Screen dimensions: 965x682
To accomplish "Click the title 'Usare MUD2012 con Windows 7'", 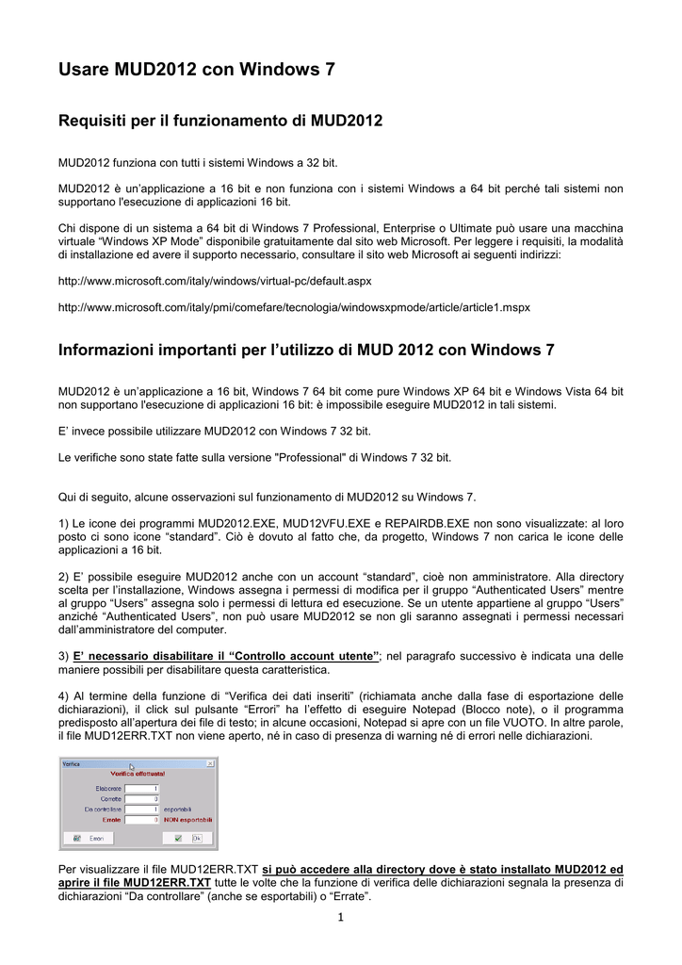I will [x=197, y=70].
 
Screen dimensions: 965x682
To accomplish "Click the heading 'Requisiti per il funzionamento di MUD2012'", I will [x=220, y=121].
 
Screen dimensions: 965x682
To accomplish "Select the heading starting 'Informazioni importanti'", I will [x=306, y=351].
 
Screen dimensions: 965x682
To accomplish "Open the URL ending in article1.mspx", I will [x=294, y=307].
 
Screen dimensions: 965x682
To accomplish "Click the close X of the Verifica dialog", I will [x=211, y=763].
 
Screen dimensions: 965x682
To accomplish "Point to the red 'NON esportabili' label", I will [x=189, y=819].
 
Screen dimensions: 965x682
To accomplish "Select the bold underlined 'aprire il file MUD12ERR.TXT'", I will [x=135, y=883].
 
